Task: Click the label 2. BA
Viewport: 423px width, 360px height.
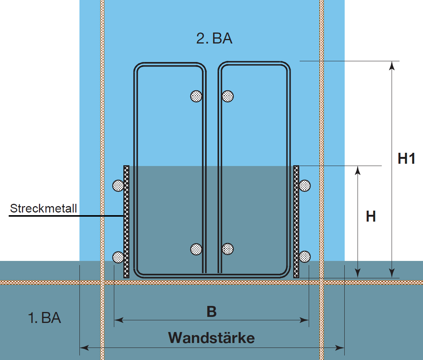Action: (x=214, y=38)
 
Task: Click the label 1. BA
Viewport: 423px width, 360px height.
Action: (x=45, y=318)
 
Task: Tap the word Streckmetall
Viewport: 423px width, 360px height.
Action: (x=44, y=208)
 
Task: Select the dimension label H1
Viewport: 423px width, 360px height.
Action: (x=406, y=158)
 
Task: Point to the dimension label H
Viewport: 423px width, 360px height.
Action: (x=371, y=216)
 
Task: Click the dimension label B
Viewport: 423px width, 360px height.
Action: (x=211, y=312)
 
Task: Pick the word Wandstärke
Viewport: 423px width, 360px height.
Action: (x=211, y=338)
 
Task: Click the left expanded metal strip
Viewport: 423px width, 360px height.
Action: (x=126, y=222)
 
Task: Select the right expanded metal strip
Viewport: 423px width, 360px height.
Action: (x=296, y=222)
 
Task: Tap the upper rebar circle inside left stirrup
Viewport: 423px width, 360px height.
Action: (x=196, y=96)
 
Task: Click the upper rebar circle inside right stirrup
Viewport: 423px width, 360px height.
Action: (x=228, y=96)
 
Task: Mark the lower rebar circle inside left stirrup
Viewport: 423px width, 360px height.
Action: (x=196, y=249)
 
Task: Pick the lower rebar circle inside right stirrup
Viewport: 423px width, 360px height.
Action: (x=228, y=249)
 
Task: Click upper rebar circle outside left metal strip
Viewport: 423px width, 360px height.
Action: (x=118, y=186)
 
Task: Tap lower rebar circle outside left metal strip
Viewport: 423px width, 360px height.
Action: (x=118, y=257)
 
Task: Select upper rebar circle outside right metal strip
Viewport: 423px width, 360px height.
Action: (x=305, y=186)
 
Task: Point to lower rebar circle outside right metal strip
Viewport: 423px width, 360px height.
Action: (x=305, y=256)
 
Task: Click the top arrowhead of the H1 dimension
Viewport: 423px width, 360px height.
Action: (x=392, y=65)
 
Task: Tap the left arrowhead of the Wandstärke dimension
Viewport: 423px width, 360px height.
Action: (x=84, y=348)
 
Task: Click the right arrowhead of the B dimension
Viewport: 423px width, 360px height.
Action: (x=304, y=320)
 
